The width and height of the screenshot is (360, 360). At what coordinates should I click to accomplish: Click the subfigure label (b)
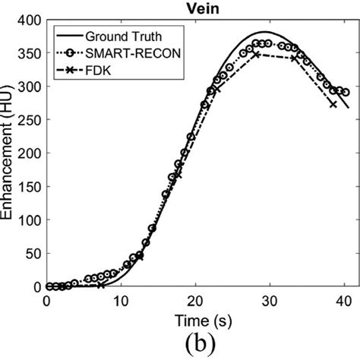197,344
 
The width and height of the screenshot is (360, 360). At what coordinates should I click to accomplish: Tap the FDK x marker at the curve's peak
256,55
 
